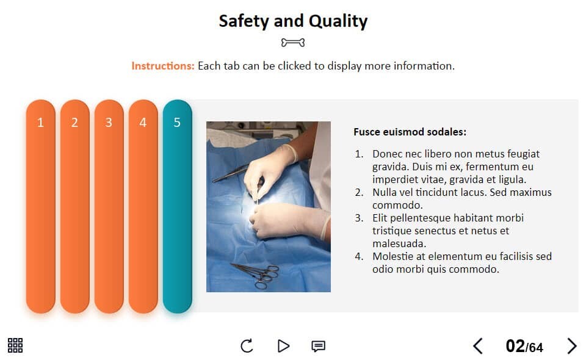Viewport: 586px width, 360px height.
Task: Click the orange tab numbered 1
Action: (41, 206)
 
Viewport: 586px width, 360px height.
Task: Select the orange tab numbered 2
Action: (74, 206)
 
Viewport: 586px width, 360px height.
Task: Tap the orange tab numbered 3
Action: (109, 206)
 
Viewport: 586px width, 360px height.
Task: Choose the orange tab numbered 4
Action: (143, 206)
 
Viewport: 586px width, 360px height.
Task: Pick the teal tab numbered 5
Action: (177, 206)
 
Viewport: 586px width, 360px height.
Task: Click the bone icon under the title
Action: (293, 43)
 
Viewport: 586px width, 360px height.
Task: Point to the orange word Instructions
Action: (162, 66)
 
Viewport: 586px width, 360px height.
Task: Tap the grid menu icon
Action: (15, 345)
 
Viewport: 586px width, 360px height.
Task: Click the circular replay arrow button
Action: (247, 346)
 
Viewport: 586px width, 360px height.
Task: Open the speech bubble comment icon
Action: (319, 346)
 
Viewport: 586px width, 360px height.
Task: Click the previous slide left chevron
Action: (477, 346)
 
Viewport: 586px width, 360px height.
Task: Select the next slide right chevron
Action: (572, 346)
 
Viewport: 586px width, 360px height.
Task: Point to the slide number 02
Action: (515, 346)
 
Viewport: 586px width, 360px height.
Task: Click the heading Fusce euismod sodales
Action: (410, 132)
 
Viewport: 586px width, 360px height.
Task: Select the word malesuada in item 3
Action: (399, 243)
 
